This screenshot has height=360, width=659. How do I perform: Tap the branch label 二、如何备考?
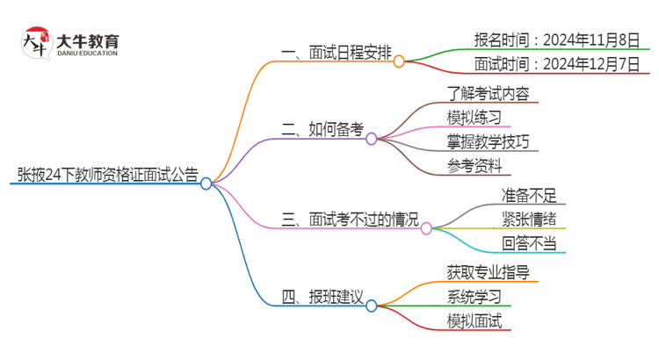(322, 129)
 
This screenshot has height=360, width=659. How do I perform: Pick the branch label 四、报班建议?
(322, 297)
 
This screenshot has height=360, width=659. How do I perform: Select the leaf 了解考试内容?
(488, 92)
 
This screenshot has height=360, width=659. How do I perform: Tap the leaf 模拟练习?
(474, 116)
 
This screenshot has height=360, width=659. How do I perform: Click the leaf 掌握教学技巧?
(488, 140)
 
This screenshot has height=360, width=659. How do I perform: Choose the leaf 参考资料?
(474, 164)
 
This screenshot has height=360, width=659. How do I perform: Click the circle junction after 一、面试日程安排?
(399, 61)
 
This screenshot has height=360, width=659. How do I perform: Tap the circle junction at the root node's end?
(206, 184)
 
